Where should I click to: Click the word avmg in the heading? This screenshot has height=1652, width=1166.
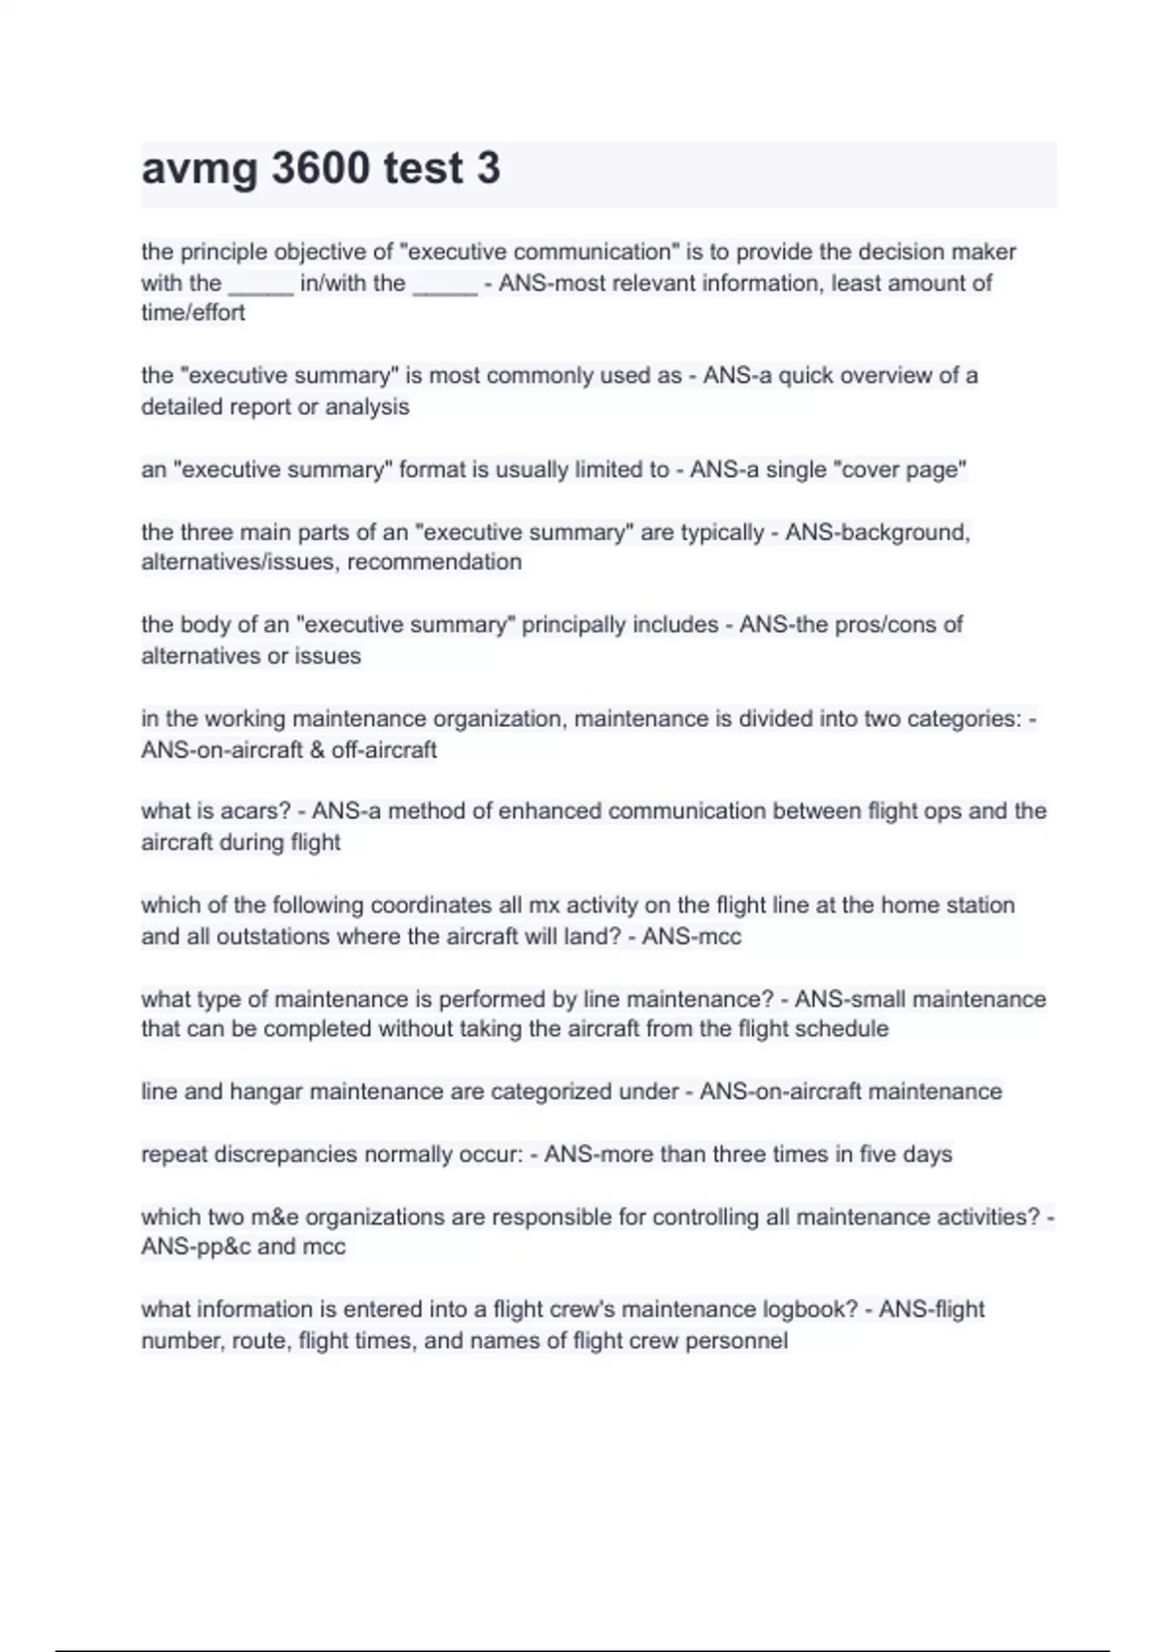[199, 168]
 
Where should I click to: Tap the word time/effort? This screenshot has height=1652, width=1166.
[192, 313]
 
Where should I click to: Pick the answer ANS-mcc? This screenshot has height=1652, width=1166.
[692, 937]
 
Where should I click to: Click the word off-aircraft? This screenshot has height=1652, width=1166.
[384, 750]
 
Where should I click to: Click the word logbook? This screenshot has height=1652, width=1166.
[810, 1310]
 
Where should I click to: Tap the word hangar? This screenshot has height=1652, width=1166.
[266, 1092]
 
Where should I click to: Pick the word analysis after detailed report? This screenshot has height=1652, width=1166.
[367, 407]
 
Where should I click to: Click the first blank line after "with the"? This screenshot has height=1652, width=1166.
[260, 284]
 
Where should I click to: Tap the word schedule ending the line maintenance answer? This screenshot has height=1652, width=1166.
[841, 1029]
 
